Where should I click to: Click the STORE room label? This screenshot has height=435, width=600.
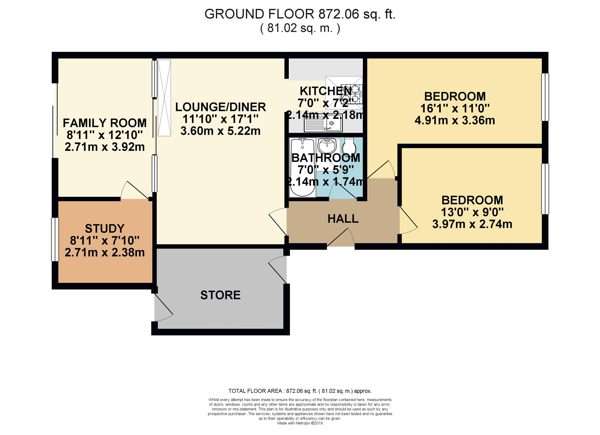pyautogui.click(x=220, y=295)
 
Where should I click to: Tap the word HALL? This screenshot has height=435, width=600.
pyautogui.click(x=343, y=219)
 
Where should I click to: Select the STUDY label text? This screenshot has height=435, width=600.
pyautogui.click(x=105, y=229)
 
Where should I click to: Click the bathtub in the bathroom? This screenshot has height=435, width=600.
pyautogui.click(x=303, y=167)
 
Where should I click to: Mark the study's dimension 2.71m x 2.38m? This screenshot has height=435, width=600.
pyautogui.click(x=105, y=253)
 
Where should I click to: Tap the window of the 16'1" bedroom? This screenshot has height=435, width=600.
pyautogui.click(x=545, y=97)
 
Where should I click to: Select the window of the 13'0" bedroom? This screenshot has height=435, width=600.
pyautogui.click(x=545, y=189)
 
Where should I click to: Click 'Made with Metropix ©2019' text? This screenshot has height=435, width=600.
pyautogui.click(x=300, y=423)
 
